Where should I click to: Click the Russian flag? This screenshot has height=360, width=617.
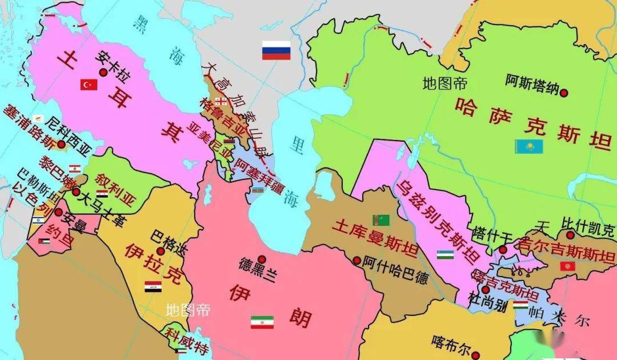[277, 50]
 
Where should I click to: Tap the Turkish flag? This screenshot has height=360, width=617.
[89, 85]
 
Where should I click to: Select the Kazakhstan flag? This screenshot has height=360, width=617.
[528, 146]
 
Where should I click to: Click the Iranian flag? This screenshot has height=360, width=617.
[262, 322]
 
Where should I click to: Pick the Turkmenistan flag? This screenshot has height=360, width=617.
[381, 219]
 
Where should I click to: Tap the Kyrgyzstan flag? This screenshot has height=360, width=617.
[568, 267]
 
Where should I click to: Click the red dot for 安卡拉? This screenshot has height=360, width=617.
[103, 73]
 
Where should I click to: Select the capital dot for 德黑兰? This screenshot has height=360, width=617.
[261, 259]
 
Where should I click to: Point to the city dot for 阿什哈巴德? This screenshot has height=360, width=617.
[357, 261]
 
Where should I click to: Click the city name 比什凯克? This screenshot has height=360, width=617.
[588, 224]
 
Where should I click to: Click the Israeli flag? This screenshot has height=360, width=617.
[38, 220]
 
